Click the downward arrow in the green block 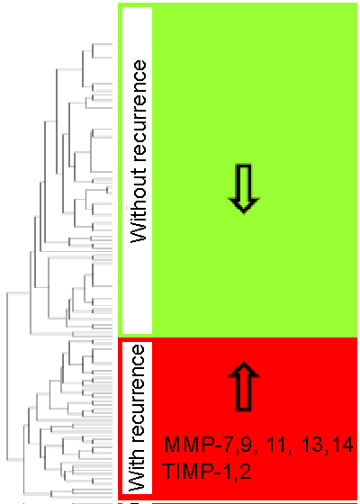(244, 189)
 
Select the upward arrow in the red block (244, 386)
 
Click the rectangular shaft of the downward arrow (244, 182)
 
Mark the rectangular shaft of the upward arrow (244, 393)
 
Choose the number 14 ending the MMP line (342, 445)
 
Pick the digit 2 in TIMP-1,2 (245, 471)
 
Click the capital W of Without (139, 232)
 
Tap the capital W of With (139, 481)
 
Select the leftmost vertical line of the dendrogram (7, 376)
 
